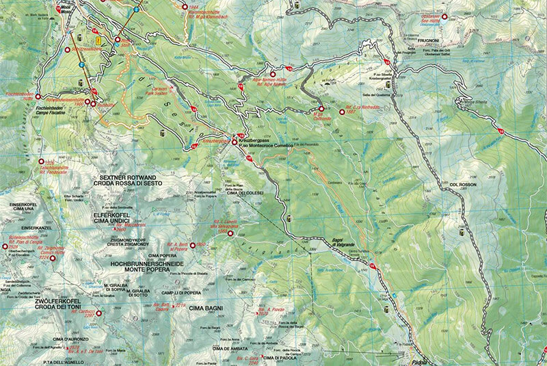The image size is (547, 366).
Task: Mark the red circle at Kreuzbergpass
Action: coord(235,142)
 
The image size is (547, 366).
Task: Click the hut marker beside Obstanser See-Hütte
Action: coord(444,17)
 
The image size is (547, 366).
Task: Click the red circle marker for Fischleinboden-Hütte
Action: coord(38,96)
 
